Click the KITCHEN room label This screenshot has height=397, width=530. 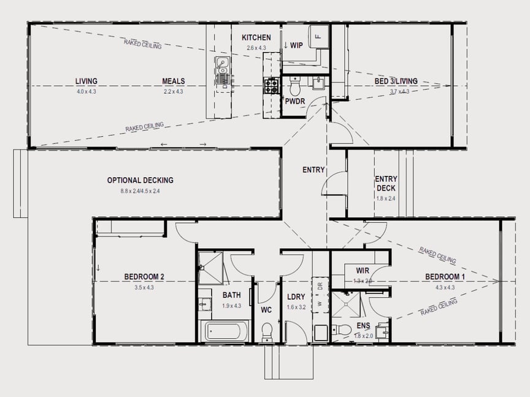(256, 37)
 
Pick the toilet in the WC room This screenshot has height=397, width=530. (267, 333)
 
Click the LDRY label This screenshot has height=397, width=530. (296, 297)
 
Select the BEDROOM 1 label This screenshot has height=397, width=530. (445, 277)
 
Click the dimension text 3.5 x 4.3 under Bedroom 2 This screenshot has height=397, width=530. (144, 287)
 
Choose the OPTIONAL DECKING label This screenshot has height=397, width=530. (140, 180)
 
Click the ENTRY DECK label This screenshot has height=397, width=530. (385, 184)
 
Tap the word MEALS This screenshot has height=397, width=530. (174, 81)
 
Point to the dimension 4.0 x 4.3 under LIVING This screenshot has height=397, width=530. (86, 91)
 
